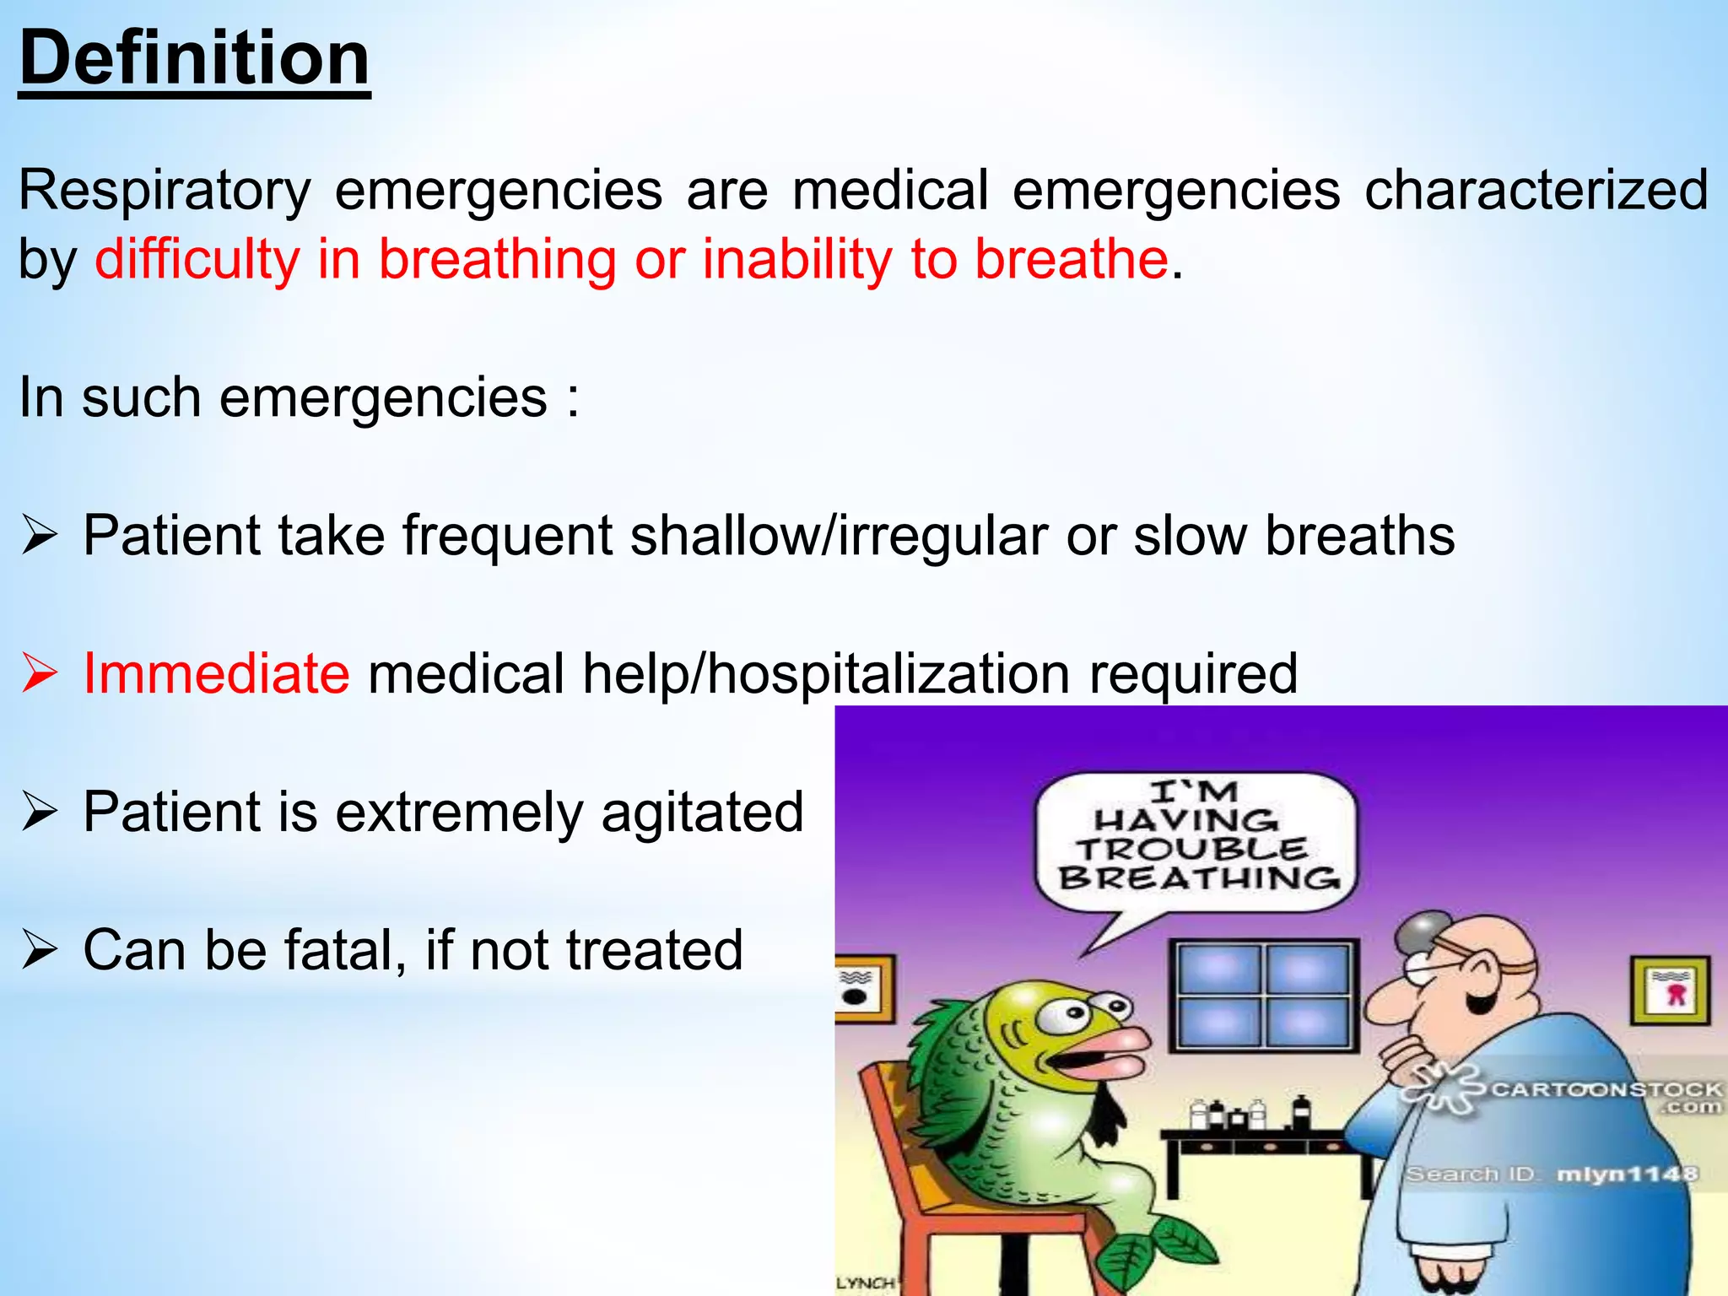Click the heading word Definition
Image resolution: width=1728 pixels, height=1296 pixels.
194,59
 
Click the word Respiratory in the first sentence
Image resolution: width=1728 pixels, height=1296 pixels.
165,192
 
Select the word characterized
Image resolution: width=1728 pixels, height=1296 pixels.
1536,190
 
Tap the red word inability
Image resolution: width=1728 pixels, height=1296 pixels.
796,258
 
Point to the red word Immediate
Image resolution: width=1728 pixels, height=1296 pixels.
216,673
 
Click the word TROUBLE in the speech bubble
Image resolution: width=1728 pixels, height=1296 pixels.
1191,849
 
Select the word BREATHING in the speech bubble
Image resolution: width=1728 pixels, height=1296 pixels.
1198,878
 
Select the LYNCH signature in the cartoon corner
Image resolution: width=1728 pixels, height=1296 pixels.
864,1283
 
